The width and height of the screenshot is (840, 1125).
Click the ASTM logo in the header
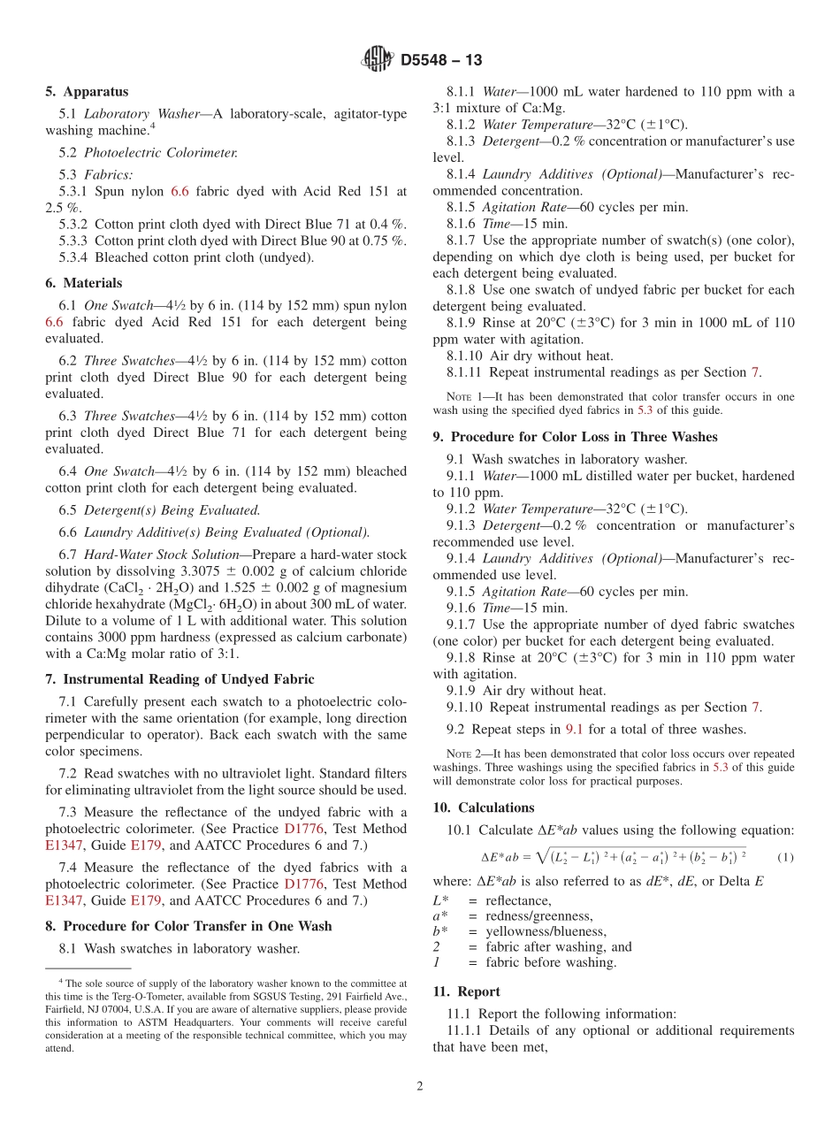(x=378, y=60)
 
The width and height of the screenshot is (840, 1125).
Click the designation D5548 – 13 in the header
(x=441, y=61)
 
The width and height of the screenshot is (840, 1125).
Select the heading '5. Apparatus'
(x=87, y=91)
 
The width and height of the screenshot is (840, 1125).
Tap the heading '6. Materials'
(x=84, y=283)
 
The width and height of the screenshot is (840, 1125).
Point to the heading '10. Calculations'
(x=484, y=807)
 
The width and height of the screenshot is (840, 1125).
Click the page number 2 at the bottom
(x=420, y=1087)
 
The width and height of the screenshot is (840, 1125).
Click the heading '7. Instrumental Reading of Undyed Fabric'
(x=179, y=679)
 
